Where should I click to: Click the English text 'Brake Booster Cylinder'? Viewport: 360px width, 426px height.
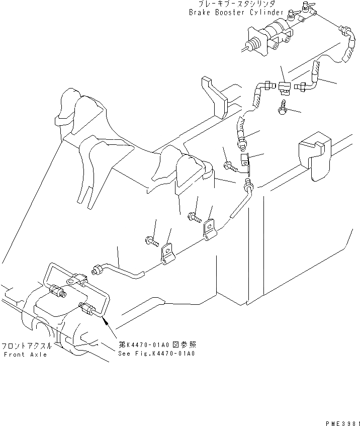235,12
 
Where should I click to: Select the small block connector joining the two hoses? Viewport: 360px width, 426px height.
284,88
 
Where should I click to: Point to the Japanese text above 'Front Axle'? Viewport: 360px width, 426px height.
25,346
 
